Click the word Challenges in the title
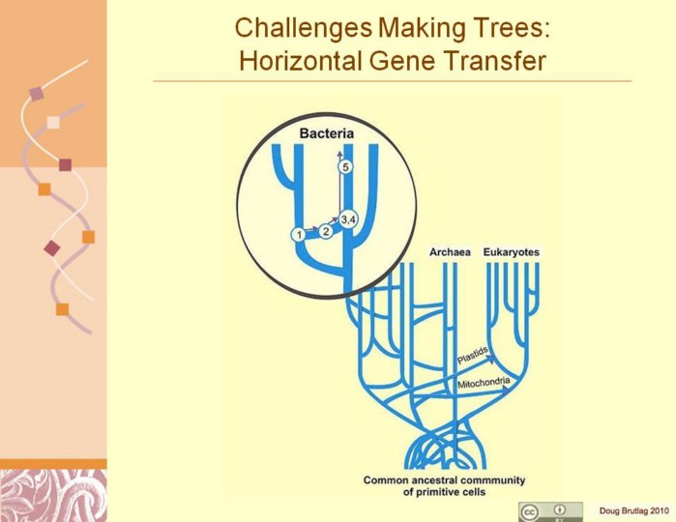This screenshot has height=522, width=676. pos(304,29)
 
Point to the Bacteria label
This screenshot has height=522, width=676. pos(327,133)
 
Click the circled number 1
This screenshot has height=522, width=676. pos(298,235)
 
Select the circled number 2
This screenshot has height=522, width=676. pos(326,231)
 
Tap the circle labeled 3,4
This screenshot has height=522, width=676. pos(348,219)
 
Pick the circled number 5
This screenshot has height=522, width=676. pos(345,167)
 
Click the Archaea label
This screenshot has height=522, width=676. pos(450,252)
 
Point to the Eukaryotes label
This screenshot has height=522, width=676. pos(512,252)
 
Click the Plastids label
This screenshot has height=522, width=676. pos(473,355)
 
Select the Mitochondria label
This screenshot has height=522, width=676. pos(484,383)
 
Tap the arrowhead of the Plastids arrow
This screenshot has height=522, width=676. pos(491,360)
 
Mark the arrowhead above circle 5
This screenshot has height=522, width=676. pos(339,155)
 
